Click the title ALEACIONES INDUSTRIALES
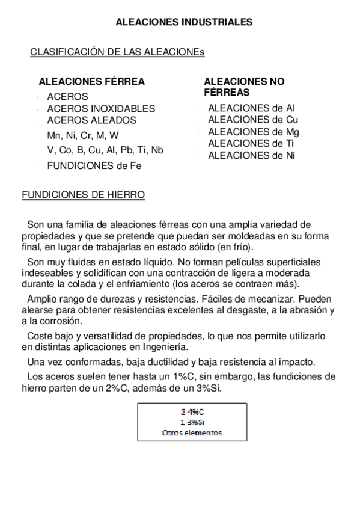pos(184,22)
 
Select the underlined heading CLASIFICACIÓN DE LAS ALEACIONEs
pos(117,52)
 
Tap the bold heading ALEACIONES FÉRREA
pos(91,82)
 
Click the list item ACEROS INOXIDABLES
pos(101,109)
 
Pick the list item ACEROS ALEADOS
pos(91,120)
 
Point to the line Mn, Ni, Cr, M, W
pos(83,135)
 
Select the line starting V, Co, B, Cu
pos(105,150)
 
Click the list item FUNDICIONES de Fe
pos(94,166)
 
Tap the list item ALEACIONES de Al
pos(251,108)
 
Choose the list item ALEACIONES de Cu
pos(253,120)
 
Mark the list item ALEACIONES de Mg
pos(254,132)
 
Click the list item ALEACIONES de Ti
pos(251,143)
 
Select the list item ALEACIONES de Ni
pos(252,155)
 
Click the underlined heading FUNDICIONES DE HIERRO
pos(83,195)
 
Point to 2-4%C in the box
pos(192,412)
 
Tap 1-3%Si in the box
pos(192,422)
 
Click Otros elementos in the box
pos(192,432)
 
